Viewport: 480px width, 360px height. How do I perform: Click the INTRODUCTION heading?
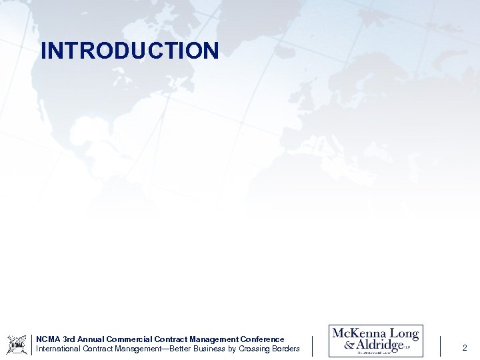(129, 51)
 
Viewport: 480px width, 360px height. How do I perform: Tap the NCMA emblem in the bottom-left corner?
(17, 344)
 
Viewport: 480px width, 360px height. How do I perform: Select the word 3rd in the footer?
(69, 339)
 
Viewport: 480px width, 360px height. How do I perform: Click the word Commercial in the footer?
(132, 339)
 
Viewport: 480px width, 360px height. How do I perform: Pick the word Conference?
(262, 339)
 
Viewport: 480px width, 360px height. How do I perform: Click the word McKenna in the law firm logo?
(359, 334)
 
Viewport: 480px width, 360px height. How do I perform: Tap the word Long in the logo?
(404, 334)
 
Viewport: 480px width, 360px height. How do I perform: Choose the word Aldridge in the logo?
(381, 346)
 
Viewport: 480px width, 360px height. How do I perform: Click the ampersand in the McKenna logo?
(349, 346)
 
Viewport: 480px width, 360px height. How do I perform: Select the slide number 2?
(465, 347)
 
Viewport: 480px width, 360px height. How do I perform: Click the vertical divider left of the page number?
(440, 346)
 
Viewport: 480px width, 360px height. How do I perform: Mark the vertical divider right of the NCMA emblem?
(32, 344)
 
